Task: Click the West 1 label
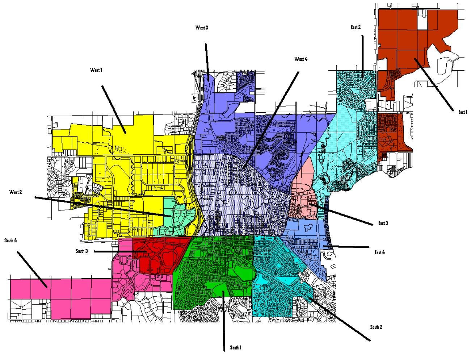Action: pyautogui.click(x=96, y=70)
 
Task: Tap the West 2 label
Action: pyautogui.click(x=16, y=192)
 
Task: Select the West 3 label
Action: pyautogui.click(x=202, y=28)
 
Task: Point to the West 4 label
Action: pyautogui.click(x=301, y=59)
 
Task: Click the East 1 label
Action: pyautogui.click(x=463, y=112)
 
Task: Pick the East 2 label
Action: pyautogui.click(x=356, y=27)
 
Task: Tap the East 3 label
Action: pyautogui.click(x=383, y=223)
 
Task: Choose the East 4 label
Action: pyautogui.click(x=380, y=252)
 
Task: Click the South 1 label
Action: pyautogui.click(x=236, y=348)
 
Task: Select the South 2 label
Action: pyautogui.click(x=376, y=327)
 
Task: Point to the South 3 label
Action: pyautogui.click(x=82, y=251)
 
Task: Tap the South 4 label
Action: pyautogui.click(x=11, y=240)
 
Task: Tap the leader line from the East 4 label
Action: pyautogui.click(x=348, y=247)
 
